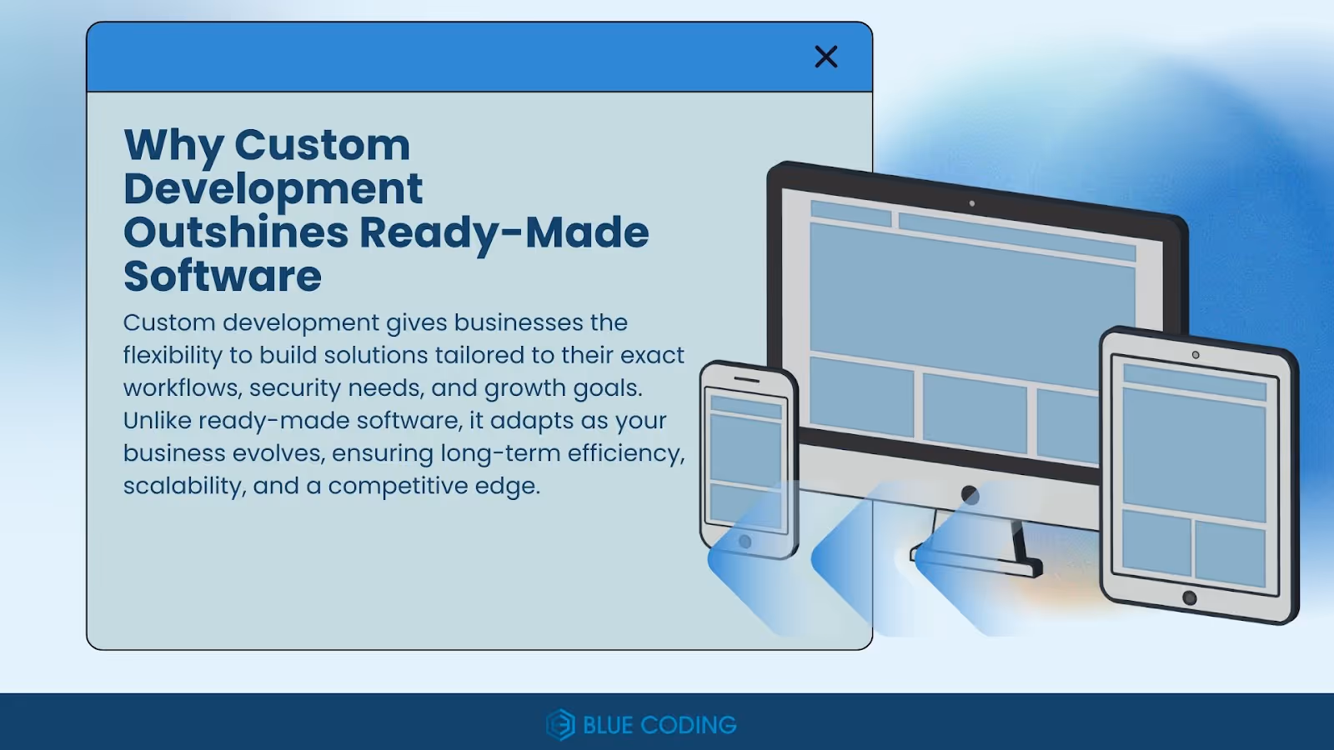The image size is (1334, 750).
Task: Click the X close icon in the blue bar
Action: (825, 57)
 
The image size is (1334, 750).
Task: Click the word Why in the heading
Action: (173, 147)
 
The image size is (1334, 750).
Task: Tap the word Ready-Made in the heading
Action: (504, 232)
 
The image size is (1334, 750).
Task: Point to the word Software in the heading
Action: (222, 277)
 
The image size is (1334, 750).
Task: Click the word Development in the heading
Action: (273, 189)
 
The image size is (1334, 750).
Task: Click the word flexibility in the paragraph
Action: (173, 356)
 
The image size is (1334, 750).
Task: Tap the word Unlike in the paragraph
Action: (157, 421)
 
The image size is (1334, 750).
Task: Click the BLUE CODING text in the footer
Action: (659, 725)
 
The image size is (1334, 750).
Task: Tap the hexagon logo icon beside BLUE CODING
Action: (560, 725)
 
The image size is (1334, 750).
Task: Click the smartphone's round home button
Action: (745, 542)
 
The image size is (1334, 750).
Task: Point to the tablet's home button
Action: (1190, 597)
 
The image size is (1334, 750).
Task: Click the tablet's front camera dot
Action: (1196, 355)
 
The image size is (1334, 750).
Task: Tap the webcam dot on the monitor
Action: (971, 203)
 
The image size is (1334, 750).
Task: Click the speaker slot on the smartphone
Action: (746, 380)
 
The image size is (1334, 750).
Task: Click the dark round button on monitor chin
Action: (970, 495)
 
